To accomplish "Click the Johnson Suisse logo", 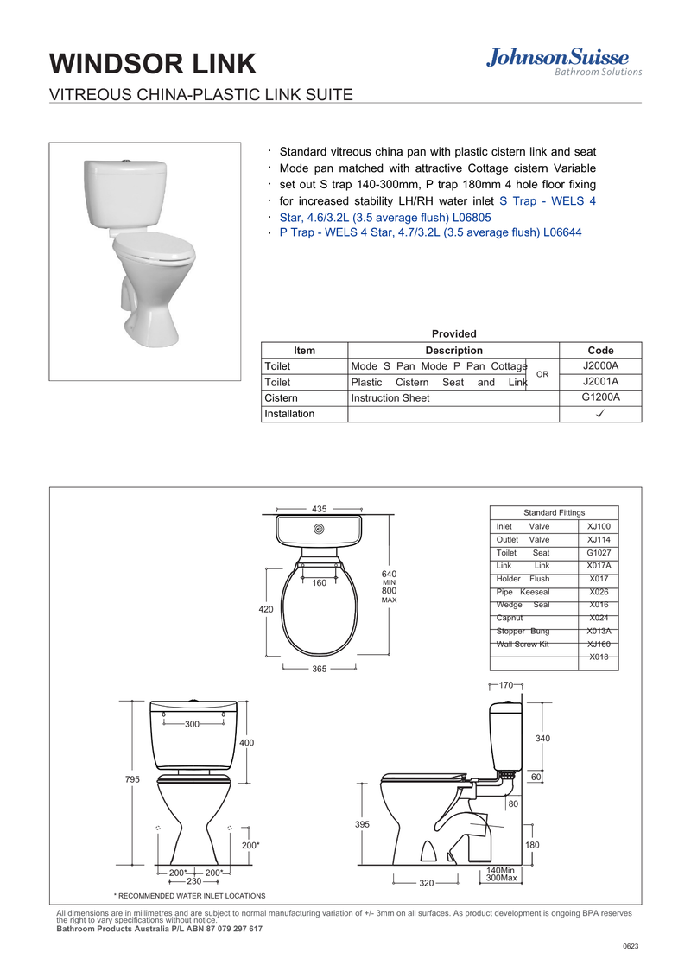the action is click(x=564, y=62).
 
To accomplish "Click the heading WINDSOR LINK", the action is click(x=153, y=64).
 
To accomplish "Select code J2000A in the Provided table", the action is click(x=600, y=366).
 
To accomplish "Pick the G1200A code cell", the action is click(x=600, y=397).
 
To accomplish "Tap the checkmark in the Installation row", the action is click(x=600, y=414).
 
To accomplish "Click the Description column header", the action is click(x=453, y=351).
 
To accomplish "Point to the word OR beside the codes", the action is click(x=542, y=374).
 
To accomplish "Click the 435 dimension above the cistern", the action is click(x=320, y=509).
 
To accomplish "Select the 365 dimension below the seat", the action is click(x=320, y=669).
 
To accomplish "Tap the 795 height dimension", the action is click(x=133, y=779).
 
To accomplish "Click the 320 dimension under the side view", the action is click(x=427, y=883).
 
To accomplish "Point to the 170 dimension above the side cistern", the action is click(x=506, y=685).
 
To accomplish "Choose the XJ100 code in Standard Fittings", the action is click(x=599, y=526).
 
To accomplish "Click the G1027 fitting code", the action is click(x=599, y=553).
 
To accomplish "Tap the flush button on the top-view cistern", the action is click(x=320, y=529).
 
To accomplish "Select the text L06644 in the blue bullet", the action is click(x=562, y=232).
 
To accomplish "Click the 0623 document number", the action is click(x=631, y=946).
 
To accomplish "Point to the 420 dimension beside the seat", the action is click(x=266, y=609).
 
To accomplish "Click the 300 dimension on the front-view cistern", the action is click(x=192, y=724).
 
